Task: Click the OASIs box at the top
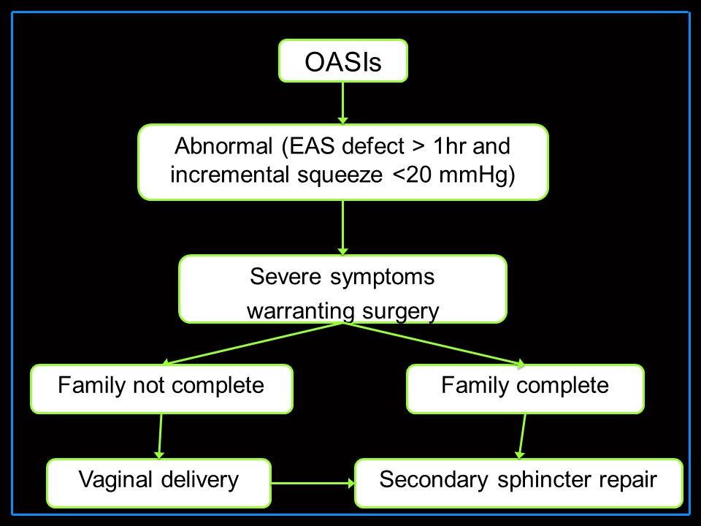tap(343, 61)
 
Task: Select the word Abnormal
tap(223, 146)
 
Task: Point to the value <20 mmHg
tap(453, 175)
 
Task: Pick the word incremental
tap(229, 175)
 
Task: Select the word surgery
tap(401, 312)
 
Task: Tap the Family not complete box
tap(161, 389)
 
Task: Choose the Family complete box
tap(525, 389)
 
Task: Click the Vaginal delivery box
tap(158, 483)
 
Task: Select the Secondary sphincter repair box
tap(518, 483)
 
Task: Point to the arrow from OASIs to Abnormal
tap(343, 103)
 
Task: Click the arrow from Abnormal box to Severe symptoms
tap(343, 228)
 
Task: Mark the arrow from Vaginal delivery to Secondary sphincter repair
tap(313, 483)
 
